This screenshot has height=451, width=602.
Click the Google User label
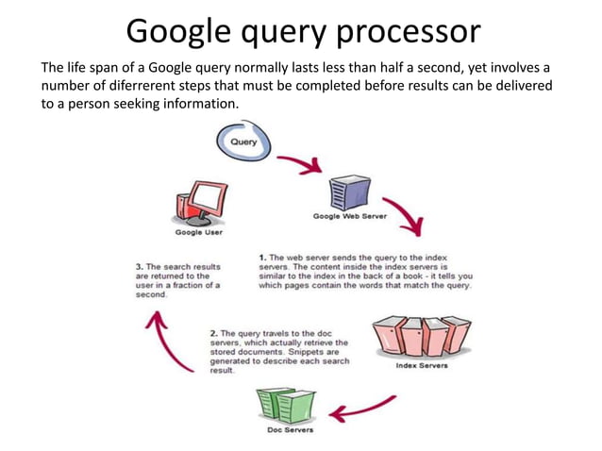(x=199, y=232)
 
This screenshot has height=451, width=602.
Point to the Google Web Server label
(x=350, y=216)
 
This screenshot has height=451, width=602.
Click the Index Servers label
(x=421, y=366)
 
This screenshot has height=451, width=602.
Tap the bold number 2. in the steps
(x=214, y=332)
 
